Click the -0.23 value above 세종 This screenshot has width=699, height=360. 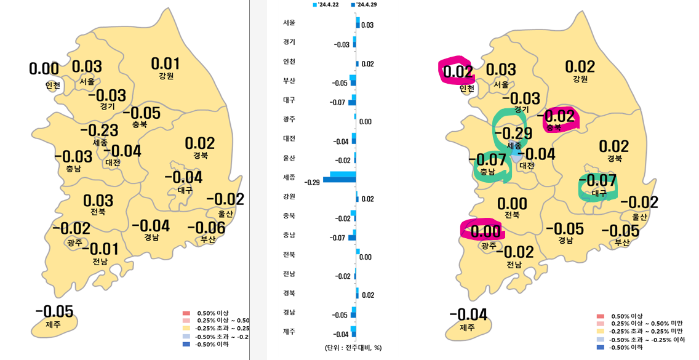99,130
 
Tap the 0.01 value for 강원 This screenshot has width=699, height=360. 166,63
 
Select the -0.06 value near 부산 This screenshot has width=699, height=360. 206,228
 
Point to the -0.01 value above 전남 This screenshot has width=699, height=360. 100,249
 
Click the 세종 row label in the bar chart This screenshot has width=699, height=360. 289,177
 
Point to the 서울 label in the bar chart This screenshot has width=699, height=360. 289,23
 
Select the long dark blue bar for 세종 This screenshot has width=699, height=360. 340,180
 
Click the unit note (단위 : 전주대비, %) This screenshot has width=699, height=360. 353,348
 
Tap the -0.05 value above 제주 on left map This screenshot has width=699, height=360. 54,311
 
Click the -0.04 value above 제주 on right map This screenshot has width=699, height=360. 468,314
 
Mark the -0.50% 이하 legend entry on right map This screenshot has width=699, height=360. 625,348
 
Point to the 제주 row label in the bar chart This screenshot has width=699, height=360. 289,332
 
